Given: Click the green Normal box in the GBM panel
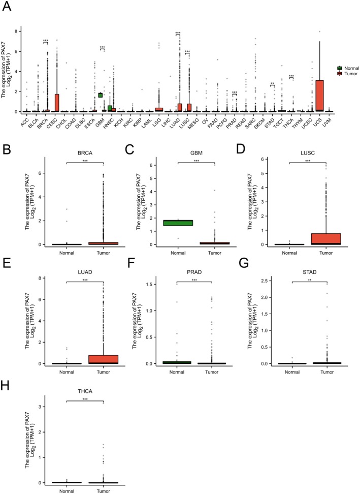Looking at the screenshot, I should pos(181,223).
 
